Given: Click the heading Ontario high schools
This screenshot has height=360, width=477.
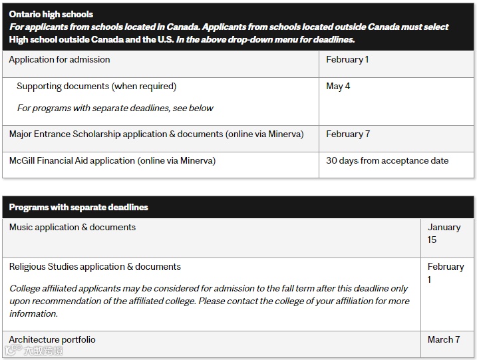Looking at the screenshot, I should point(51,14).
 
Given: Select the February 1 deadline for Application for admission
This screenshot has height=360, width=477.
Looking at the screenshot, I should point(347,60).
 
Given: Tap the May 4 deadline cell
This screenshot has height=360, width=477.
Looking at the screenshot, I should point(338,87).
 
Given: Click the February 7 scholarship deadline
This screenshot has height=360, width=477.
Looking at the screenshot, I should point(348,134).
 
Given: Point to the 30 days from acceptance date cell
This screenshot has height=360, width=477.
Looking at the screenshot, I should point(387,161).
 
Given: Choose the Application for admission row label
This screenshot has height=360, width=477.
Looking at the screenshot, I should point(60,60).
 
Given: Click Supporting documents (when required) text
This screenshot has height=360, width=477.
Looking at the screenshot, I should point(96,87).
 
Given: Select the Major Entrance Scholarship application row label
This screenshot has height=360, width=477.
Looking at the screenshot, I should point(156,134).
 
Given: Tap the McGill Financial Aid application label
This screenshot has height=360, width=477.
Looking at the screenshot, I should point(112,161).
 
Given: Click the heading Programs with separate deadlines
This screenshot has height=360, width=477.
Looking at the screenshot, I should point(79,208).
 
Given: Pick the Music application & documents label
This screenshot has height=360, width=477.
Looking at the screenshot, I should point(73,228).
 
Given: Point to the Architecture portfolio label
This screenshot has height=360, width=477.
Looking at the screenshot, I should point(53,340).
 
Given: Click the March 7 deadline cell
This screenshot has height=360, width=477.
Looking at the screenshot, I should point(444,340).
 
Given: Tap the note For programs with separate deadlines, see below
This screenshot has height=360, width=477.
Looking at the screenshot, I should point(115,108).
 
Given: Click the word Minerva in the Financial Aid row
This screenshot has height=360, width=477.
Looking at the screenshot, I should point(198,161).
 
